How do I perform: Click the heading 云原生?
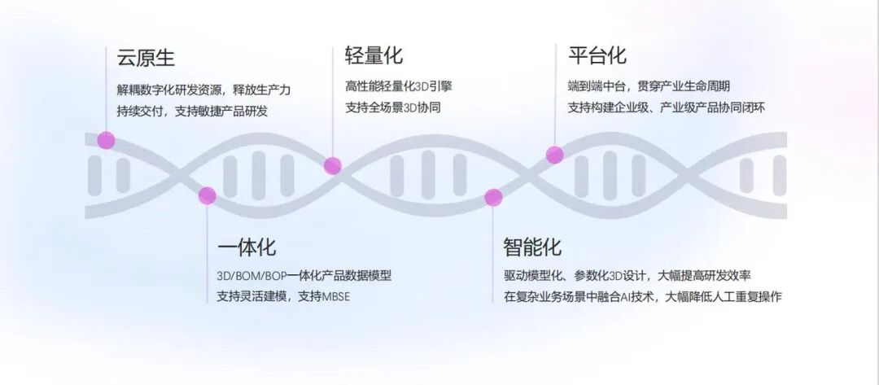[146, 59]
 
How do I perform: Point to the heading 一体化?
[247, 247]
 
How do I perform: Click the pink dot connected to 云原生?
[106, 140]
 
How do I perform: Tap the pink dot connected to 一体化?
[208, 195]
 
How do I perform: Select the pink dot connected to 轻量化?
[332, 166]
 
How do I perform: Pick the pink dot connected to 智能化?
[493, 197]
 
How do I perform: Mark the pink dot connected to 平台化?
[554, 155]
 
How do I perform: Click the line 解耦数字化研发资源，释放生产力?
[203, 90]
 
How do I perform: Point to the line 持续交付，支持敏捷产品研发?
[192, 111]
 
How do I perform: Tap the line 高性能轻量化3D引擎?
[405, 86]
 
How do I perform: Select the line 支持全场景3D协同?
[393, 107]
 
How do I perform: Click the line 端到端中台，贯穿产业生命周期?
[649, 86]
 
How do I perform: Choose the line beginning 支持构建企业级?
[666, 107]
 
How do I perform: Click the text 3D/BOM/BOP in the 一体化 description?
[246, 275]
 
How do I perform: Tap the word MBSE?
[335, 296]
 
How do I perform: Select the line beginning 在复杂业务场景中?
[642, 296]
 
